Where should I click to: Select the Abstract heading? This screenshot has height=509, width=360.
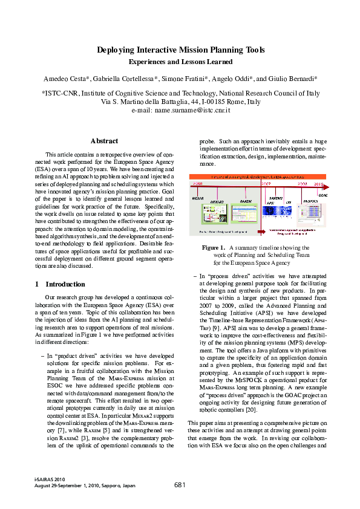(x=104, y=141)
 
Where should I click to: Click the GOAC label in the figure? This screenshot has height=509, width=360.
(x=322, y=195)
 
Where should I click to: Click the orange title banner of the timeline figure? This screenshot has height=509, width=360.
(x=260, y=177)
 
